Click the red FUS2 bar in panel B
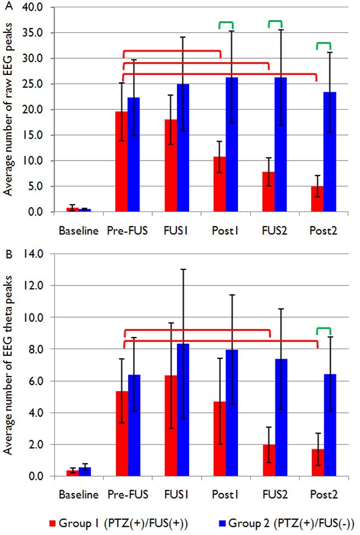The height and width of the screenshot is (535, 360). click(269, 461)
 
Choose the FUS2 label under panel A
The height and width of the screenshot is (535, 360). click(275, 230)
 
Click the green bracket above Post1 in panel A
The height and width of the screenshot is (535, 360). click(226, 24)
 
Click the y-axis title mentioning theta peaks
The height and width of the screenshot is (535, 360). click(10, 366)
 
